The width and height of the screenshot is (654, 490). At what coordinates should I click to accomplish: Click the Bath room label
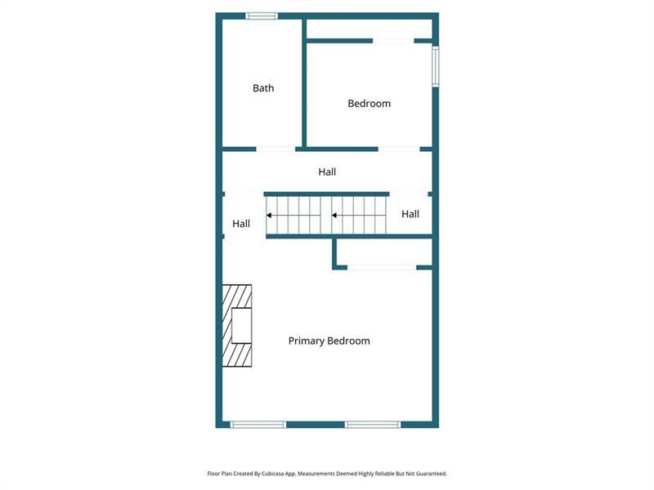pos(263,88)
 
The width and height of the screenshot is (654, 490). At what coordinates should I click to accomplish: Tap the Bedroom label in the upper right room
pos(370,104)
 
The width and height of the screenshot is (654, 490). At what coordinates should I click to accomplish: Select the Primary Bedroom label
pos(329,341)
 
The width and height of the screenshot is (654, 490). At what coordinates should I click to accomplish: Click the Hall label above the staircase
pos(327,171)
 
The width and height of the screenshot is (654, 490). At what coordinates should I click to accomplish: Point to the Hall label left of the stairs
pos(241,224)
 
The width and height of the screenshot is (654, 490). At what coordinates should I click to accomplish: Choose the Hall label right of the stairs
pos(410,214)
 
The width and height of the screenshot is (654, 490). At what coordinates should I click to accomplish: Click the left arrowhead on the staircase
pos(270,216)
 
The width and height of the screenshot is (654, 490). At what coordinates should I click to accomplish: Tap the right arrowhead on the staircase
pos(334,216)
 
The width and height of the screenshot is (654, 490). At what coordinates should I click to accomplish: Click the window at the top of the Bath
pos(262,16)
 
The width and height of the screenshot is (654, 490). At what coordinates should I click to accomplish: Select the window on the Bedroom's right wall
pos(436,67)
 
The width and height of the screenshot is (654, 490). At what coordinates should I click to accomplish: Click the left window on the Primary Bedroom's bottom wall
pos(258,425)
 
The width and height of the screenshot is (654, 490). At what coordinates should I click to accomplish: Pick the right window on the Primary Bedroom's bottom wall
pos(373,425)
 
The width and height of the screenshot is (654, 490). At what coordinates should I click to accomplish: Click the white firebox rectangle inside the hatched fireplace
pos(241,325)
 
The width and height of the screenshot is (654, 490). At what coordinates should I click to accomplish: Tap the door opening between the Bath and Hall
pos(275,149)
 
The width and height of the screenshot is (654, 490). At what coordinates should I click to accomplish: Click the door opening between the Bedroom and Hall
pos(399,149)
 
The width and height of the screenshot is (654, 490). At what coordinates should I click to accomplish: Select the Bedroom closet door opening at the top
pos(393,41)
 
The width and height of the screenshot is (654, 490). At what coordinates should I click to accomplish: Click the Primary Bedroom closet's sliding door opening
pos(382,268)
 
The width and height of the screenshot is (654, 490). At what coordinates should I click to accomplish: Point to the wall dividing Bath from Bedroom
pos(304,83)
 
